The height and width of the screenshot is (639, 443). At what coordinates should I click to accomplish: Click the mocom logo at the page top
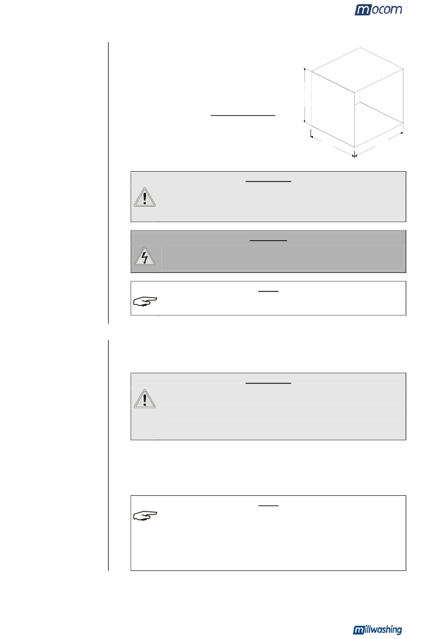coord(378,10)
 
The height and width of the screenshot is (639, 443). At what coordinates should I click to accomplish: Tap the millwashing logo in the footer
coord(377,630)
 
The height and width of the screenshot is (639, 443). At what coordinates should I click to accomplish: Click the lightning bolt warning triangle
coord(145,256)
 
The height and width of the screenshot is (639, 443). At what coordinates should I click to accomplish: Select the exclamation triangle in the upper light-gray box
coord(145,197)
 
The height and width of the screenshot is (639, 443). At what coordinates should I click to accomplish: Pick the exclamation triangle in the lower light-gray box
coord(145,399)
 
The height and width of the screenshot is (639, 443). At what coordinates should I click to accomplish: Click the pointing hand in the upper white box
coord(145,301)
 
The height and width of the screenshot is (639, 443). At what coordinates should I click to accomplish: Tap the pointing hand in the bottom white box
coord(145,515)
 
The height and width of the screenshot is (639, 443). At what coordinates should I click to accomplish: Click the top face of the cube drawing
coord(357,70)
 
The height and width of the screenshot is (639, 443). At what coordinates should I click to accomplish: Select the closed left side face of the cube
coord(332,109)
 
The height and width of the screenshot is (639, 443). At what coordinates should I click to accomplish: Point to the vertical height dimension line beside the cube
coord(305,95)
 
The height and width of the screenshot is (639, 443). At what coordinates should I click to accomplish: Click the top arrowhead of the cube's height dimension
coord(305,69)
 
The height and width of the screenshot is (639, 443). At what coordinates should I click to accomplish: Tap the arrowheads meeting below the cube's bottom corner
coord(354,156)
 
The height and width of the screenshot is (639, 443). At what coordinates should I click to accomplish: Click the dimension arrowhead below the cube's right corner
coord(401,133)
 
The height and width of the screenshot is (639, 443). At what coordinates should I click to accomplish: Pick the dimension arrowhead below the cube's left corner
coord(312,137)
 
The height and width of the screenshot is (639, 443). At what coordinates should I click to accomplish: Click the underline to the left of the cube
coord(243,116)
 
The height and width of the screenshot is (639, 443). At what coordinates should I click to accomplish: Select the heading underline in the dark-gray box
coord(268,241)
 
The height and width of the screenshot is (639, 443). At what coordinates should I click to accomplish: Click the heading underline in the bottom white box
coord(268,506)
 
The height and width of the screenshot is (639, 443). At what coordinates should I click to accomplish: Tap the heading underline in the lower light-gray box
coord(268,383)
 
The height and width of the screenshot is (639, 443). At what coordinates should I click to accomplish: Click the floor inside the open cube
coord(379,123)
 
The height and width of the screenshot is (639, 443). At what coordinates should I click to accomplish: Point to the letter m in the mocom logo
coord(362,10)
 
